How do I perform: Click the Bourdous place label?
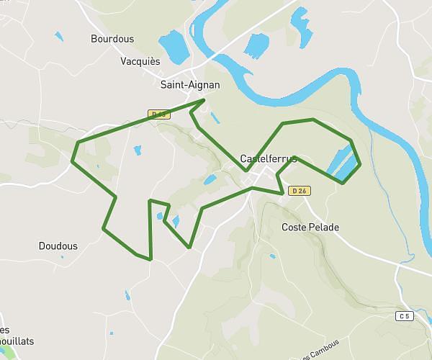[112, 39]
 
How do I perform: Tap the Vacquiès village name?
[140, 62]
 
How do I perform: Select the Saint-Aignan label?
[190, 85]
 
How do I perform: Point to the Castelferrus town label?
[268, 158]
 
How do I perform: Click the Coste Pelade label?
[310, 228]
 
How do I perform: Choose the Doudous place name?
[58, 246]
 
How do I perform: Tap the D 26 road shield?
[299, 191]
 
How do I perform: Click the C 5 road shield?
[406, 316]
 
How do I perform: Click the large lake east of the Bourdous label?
[173, 46]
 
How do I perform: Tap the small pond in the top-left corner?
[57, 34]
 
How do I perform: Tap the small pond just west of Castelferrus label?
[210, 179]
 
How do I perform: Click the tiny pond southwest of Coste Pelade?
[272, 256]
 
